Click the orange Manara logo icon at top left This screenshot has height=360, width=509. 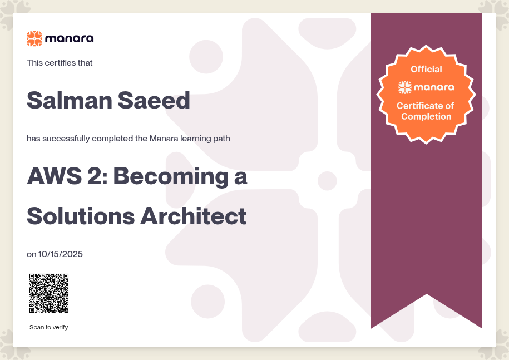point(34,38)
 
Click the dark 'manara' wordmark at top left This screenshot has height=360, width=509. point(70,38)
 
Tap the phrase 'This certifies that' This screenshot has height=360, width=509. point(60,63)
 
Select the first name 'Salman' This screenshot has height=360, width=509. point(70,100)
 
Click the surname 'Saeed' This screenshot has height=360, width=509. point(154,100)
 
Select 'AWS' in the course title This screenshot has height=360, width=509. point(55,176)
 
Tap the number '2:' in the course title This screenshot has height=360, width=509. point(97,176)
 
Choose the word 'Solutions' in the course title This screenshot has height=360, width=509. point(81,216)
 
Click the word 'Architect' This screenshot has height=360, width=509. point(194,216)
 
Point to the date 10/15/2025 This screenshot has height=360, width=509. point(61,254)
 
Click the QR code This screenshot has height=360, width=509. point(49,293)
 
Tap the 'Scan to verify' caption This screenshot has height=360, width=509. point(49,327)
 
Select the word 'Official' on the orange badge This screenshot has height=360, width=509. point(426,69)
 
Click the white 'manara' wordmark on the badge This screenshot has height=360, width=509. point(434,87)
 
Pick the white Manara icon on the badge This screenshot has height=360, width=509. point(405,87)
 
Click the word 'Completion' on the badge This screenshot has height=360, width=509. point(426,116)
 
